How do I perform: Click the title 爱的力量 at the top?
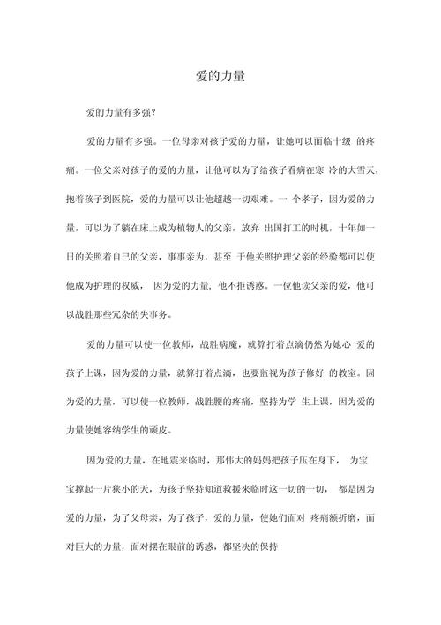coord(220,77)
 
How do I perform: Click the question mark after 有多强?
coord(153,114)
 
